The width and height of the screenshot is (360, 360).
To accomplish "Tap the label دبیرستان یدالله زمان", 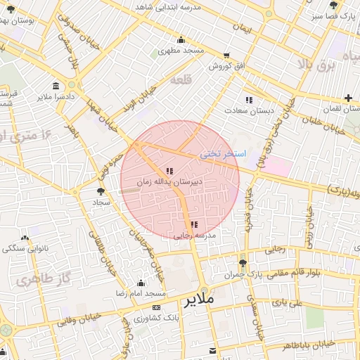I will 169,181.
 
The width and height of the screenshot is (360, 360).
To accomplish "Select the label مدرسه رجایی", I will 193,236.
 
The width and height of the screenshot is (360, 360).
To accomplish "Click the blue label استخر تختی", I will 223,153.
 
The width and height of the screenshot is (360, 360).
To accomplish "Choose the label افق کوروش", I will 226,65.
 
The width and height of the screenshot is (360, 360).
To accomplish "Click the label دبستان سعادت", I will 249,110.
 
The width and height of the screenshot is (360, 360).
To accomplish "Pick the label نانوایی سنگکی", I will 25,248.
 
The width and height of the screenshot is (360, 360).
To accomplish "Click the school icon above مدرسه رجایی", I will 194,224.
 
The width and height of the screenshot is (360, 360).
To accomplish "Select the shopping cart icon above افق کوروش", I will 226,55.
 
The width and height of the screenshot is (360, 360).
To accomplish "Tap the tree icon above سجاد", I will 101,191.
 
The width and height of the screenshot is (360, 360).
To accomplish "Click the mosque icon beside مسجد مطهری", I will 181,39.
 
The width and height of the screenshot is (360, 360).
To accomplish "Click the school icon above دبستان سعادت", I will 249,100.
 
